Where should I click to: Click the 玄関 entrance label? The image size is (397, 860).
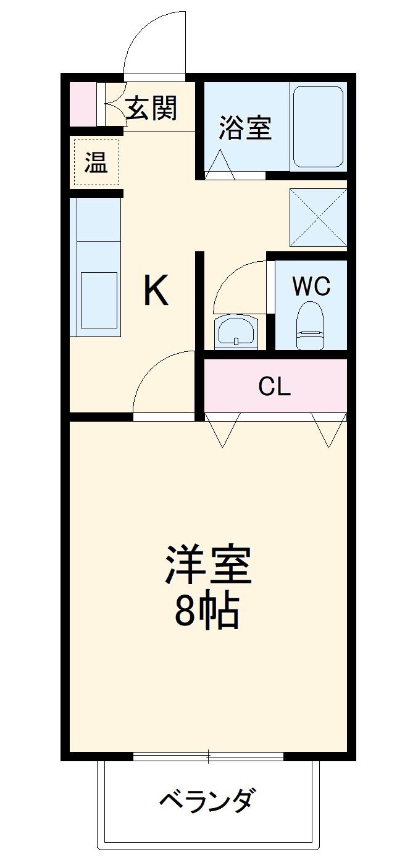point(152,108)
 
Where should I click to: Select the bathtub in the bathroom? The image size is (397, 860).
point(317,127)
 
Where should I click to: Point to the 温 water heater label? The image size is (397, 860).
point(95,164)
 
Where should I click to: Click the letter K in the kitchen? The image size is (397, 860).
point(156,291)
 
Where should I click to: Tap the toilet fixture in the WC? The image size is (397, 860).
point(310,325)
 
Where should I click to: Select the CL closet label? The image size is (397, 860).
point(274,386)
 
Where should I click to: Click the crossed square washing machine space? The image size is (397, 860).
point(318,217)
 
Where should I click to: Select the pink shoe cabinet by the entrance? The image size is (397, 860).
point(82,102)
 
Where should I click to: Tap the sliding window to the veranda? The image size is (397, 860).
point(208,756)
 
